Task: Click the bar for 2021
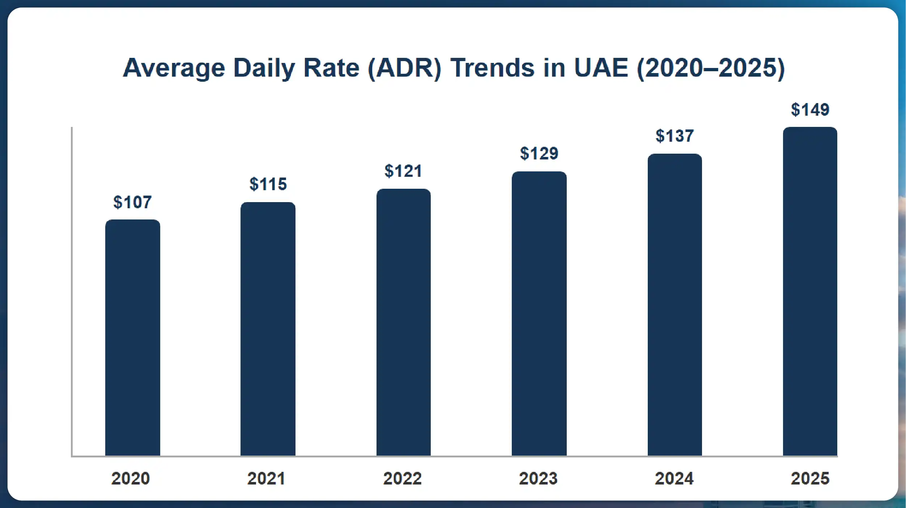click(268, 329)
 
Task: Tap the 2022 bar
click(403, 322)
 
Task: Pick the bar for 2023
click(539, 313)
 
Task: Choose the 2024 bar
click(675, 304)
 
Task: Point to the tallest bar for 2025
click(810, 291)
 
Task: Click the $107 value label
click(132, 202)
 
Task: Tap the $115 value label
click(268, 184)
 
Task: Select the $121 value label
click(403, 171)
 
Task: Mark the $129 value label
click(539, 153)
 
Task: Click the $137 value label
click(675, 136)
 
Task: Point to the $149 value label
click(810, 110)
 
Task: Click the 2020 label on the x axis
click(131, 478)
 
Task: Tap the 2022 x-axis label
click(403, 478)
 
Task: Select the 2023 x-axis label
click(538, 478)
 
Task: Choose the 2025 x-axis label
click(810, 478)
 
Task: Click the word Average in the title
click(174, 68)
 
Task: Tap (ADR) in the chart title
click(404, 68)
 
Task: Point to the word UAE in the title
click(601, 68)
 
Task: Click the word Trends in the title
click(492, 68)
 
